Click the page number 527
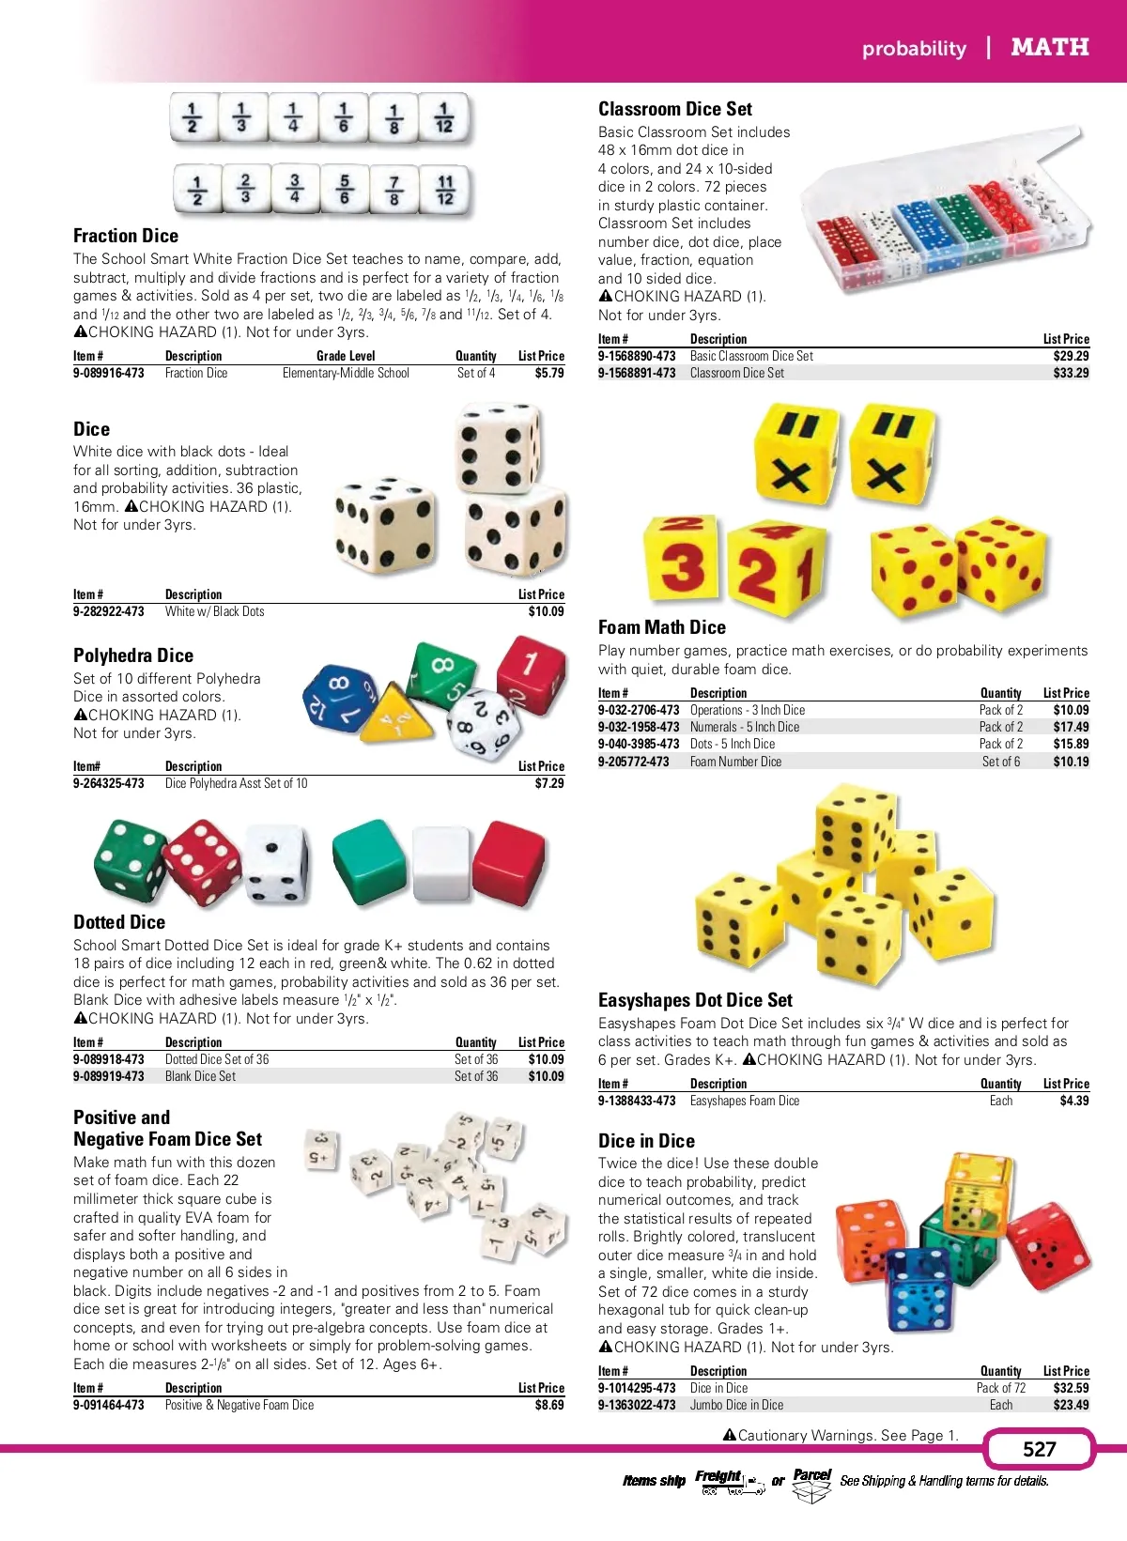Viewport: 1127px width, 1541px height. (1039, 1449)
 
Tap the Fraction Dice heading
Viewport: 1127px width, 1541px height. (126, 236)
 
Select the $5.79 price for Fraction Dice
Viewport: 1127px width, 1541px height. (548, 373)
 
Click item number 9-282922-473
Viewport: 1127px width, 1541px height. (109, 611)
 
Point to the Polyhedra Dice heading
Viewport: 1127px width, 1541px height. (133, 655)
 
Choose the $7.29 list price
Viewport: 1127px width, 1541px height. (548, 783)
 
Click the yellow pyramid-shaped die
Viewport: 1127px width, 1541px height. (395, 718)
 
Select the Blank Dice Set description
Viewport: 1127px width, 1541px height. (200, 1076)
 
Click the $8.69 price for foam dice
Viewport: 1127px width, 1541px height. (548, 1405)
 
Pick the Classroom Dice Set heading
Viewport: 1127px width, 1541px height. (675, 109)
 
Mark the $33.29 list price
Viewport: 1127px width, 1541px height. (1071, 373)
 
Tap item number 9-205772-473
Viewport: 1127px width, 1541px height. (634, 762)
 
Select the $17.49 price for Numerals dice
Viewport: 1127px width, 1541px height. (1071, 727)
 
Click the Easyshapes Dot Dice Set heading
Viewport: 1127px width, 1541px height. (695, 1000)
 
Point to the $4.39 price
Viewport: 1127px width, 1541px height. (1073, 1101)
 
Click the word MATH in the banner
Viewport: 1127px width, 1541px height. (1049, 47)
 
